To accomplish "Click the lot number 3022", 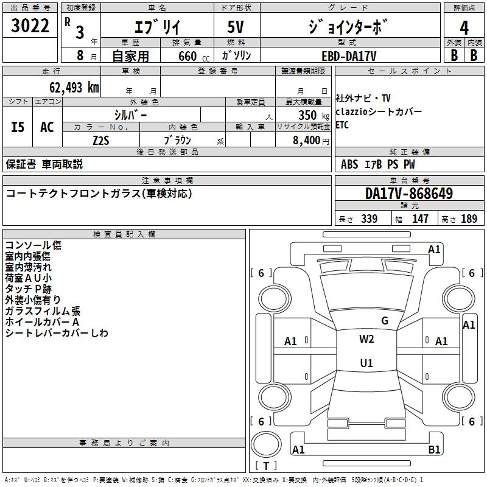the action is click(x=30, y=26).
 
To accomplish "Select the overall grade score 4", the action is click(x=464, y=27).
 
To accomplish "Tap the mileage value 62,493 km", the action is click(x=68, y=87).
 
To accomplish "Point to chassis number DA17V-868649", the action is click(x=408, y=194).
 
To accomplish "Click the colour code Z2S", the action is click(x=100, y=140).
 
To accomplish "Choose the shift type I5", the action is click(x=18, y=127).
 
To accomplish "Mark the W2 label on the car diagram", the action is click(x=366, y=339).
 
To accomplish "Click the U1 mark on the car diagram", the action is click(x=366, y=363).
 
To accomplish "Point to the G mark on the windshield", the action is click(x=385, y=321).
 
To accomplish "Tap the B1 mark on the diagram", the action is click(x=435, y=450).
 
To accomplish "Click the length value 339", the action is click(x=369, y=219).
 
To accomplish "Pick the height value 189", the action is click(x=469, y=219).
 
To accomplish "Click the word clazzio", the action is click(x=353, y=112).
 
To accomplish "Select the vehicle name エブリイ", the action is click(x=156, y=27).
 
